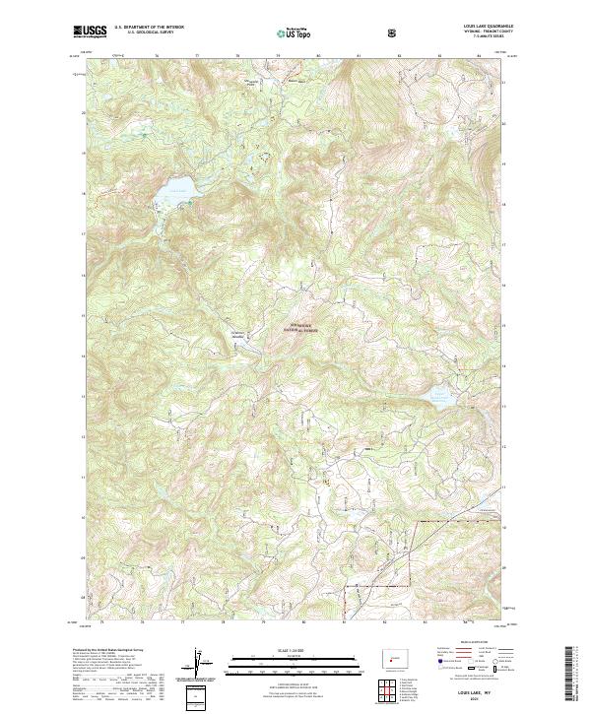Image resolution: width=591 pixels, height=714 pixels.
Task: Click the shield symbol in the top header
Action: click(x=393, y=33)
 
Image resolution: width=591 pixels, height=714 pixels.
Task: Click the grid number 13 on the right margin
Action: click(x=505, y=406)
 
